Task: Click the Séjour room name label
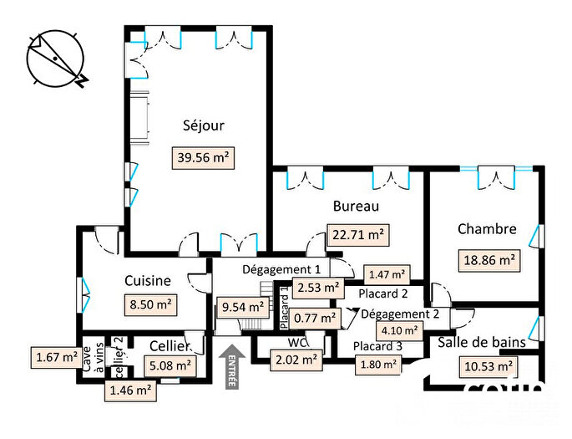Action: coord(204,126)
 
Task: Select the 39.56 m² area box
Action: coord(204,156)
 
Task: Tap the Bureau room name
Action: coord(357,206)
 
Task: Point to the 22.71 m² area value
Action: coord(357,235)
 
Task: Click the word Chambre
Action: coord(487,229)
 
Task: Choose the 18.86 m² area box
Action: coord(489,259)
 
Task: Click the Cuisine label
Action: coord(148,281)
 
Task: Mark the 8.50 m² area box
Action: coord(149,305)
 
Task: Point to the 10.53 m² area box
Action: coord(487,366)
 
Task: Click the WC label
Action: coord(297,343)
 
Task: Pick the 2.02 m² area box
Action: coord(297,360)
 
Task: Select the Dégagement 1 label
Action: coord(281,269)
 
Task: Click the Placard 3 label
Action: coord(377,346)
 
